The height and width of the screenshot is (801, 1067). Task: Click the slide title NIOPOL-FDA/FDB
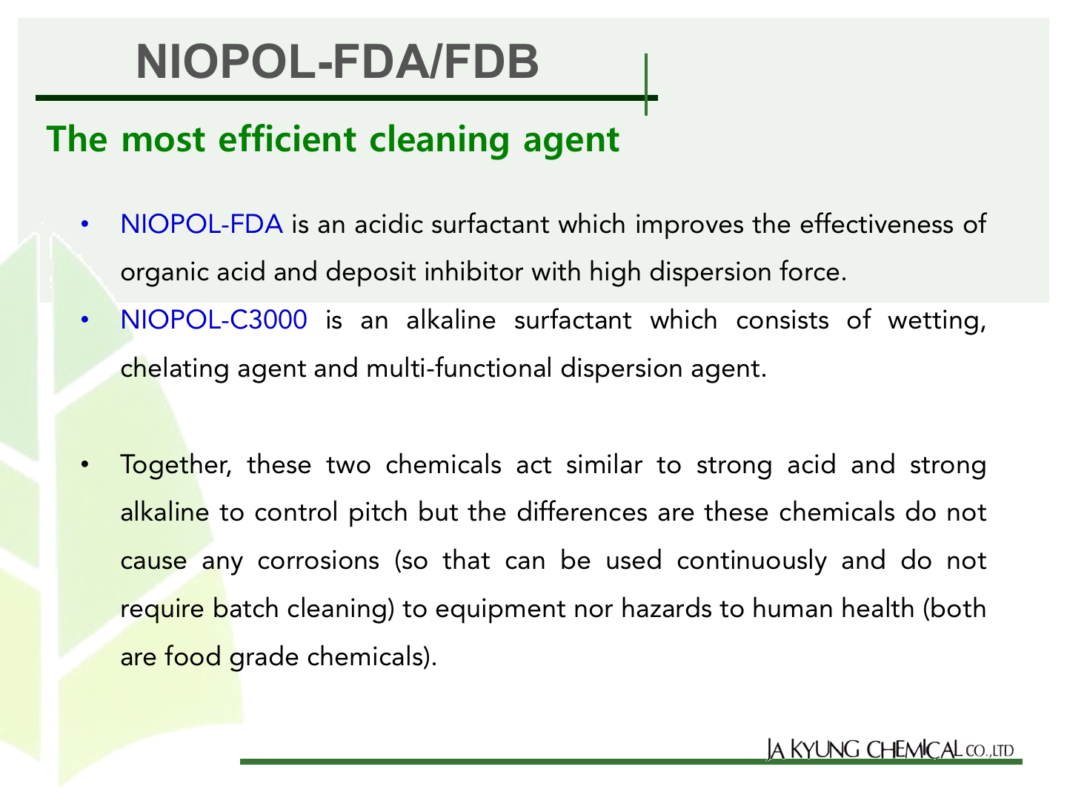pyautogui.click(x=337, y=62)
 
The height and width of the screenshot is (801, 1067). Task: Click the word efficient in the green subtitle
pyautogui.click(x=287, y=139)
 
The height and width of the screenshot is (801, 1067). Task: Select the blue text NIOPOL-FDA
pyautogui.click(x=202, y=224)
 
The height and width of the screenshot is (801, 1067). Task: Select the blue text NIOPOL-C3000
pyautogui.click(x=214, y=320)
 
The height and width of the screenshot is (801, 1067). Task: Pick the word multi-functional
pyautogui.click(x=459, y=368)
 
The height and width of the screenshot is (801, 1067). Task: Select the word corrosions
pyautogui.click(x=318, y=561)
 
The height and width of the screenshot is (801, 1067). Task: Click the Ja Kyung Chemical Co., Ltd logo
pyautogui.click(x=890, y=750)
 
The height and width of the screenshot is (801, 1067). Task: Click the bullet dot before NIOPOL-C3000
pyautogui.click(x=85, y=320)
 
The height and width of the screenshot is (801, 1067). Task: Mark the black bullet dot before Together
pyautogui.click(x=85, y=465)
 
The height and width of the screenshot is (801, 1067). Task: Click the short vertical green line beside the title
pyautogui.click(x=646, y=85)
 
